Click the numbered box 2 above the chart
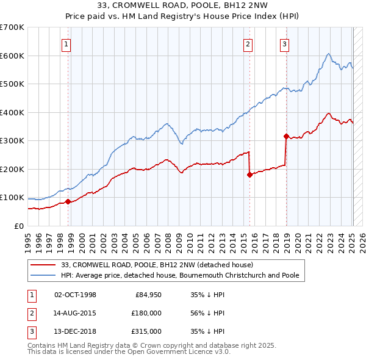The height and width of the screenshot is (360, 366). point(248,43)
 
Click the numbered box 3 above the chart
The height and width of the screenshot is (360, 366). point(284,43)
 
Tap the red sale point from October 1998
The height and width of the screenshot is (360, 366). point(68,202)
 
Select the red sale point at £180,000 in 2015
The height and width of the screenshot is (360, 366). point(249,175)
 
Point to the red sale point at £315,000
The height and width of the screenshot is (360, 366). point(286,136)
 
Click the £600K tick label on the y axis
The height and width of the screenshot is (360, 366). point(12,56)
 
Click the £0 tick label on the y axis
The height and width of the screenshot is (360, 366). point(18,226)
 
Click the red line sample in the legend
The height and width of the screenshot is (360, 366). point(43,265)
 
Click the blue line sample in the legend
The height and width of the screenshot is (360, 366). point(43,275)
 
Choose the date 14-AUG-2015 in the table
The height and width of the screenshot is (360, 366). point(75,313)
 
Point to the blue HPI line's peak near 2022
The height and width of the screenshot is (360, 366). point(328,54)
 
